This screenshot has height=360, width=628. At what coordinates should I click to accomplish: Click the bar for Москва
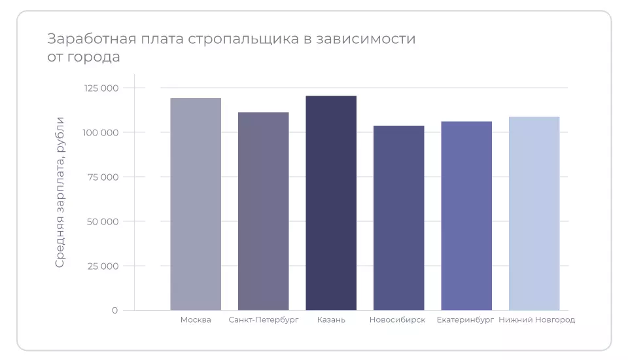pyautogui.click(x=196, y=204)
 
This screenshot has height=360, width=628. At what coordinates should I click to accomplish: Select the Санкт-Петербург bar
pyautogui.click(x=263, y=211)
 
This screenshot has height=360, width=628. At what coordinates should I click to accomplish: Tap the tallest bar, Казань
pyautogui.click(x=331, y=203)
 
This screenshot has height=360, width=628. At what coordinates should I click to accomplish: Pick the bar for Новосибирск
pyautogui.click(x=398, y=218)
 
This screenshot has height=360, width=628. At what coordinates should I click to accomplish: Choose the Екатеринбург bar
pyautogui.click(x=466, y=216)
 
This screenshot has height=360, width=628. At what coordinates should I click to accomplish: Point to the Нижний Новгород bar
pyautogui.click(x=534, y=213)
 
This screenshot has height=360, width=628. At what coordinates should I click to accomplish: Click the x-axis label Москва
pyautogui.click(x=196, y=320)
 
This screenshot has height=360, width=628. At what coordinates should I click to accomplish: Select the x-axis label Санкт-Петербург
pyautogui.click(x=264, y=320)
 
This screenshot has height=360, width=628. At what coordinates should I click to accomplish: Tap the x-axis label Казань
pyautogui.click(x=331, y=320)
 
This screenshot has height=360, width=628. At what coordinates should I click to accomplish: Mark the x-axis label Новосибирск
pyautogui.click(x=397, y=320)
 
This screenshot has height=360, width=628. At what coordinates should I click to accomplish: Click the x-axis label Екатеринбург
pyautogui.click(x=465, y=320)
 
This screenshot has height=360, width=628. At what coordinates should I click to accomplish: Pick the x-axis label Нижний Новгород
pyautogui.click(x=536, y=320)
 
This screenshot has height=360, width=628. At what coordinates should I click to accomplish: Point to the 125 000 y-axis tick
pyautogui.click(x=101, y=88)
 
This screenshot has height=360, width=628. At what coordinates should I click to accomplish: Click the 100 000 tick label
pyautogui.click(x=101, y=133)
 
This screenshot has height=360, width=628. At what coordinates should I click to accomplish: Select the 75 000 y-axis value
pyautogui.click(x=103, y=177)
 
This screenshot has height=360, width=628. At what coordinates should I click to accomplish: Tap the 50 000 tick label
pyautogui.click(x=103, y=222)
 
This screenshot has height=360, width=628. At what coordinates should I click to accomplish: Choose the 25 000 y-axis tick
pyautogui.click(x=103, y=266)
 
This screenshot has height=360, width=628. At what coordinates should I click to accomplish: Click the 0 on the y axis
pyautogui.click(x=114, y=310)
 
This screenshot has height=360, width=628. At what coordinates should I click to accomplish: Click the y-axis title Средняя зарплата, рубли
pyautogui.click(x=60, y=192)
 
